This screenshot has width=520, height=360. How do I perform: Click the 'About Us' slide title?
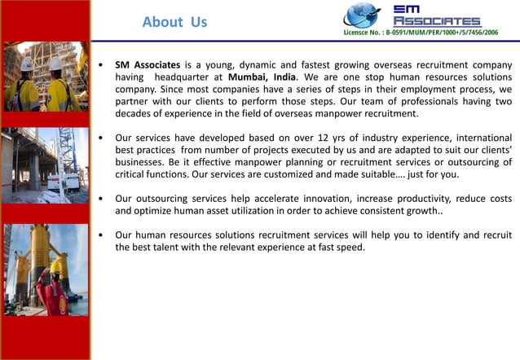(x=174, y=22)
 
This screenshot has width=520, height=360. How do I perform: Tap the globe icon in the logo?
(x=361, y=15)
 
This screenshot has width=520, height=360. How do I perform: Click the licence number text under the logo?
(x=421, y=32)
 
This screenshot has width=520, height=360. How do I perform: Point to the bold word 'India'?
(x=284, y=76)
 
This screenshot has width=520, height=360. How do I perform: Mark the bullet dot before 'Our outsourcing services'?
(x=99, y=199)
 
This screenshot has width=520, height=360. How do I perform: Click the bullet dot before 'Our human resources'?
(x=99, y=235)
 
